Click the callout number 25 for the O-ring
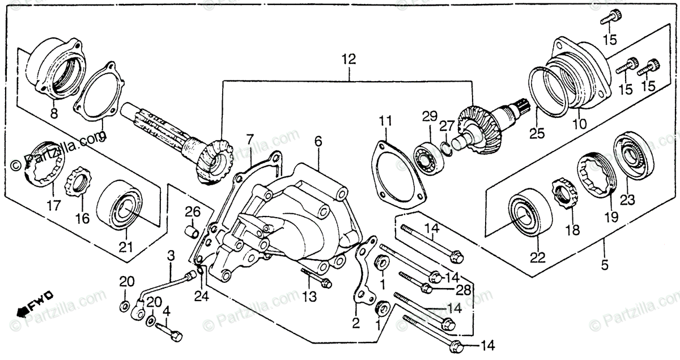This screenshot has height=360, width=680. click(537, 134)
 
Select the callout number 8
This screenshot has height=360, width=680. click(54, 114)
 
